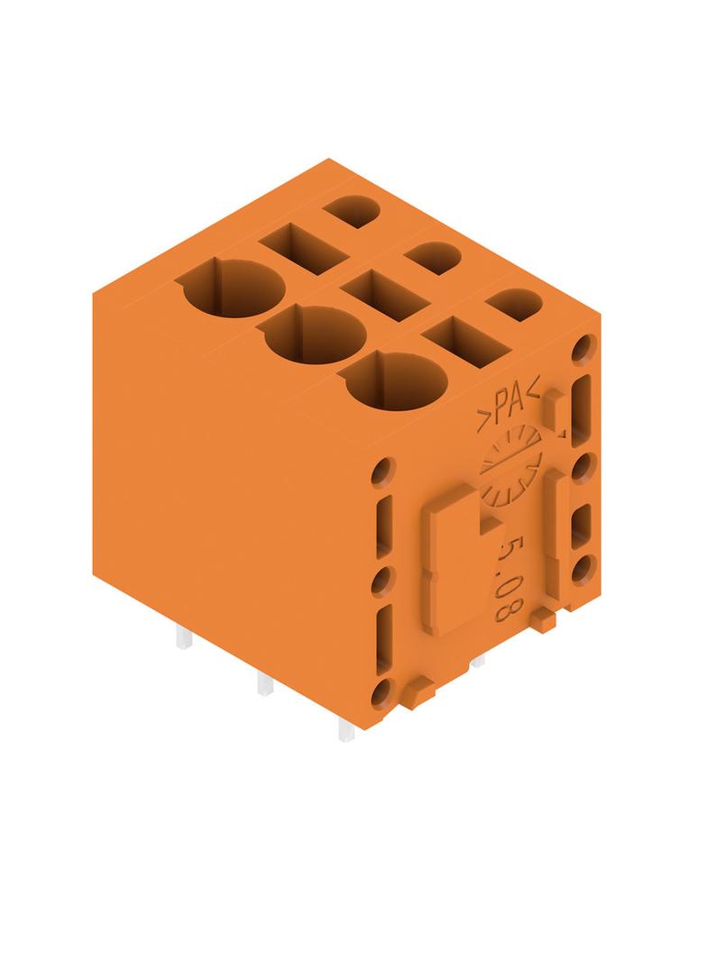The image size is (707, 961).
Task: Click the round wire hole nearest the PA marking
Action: point(396,381)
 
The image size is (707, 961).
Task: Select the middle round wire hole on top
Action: point(316,335)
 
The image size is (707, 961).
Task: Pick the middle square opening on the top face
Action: point(384,296)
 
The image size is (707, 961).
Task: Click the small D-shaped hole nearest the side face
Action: point(514,305)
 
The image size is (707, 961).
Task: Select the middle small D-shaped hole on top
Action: point(433,259)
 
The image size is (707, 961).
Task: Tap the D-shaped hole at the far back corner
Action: point(352,212)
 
